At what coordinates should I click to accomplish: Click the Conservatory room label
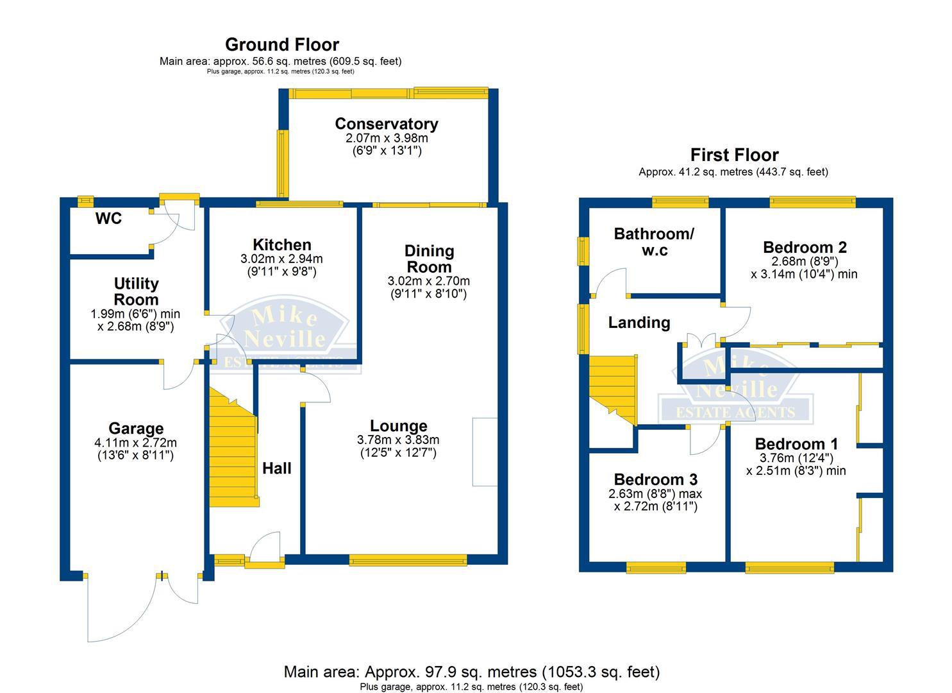coord(386,124)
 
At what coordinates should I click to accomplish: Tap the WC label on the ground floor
coord(108,219)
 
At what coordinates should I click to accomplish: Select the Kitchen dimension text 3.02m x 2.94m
coord(281,259)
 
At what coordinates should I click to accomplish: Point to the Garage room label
coord(135,429)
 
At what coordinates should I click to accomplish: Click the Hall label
coord(277,468)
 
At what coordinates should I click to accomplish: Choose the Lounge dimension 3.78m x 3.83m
coord(398,440)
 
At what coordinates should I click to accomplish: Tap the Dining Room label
coord(429,259)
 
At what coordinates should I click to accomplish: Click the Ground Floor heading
coord(282,44)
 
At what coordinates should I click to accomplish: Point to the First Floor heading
coord(734,155)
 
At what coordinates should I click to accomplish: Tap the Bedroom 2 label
coord(805,247)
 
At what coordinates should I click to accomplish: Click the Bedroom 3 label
coord(655,479)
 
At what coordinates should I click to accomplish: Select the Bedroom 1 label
coord(796,444)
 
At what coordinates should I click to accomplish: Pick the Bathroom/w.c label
coord(654,241)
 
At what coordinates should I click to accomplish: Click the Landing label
coord(639,322)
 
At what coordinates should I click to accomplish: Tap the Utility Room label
coord(136,291)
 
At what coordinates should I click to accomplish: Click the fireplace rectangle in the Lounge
coord(485,452)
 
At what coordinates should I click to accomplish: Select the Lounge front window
coord(408,560)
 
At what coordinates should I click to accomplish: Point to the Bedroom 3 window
coord(655,567)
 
